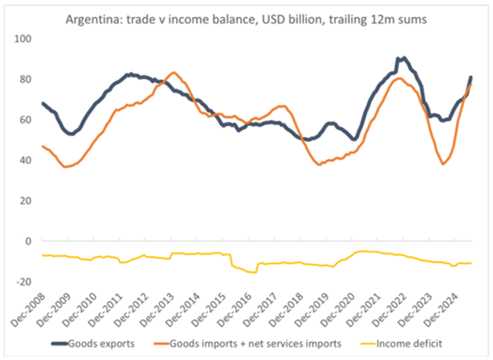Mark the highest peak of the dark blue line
pos(402,58)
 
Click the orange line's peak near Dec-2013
pos(174,73)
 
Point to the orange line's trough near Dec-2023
pos(444,164)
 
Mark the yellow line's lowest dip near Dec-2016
pos(253,272)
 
